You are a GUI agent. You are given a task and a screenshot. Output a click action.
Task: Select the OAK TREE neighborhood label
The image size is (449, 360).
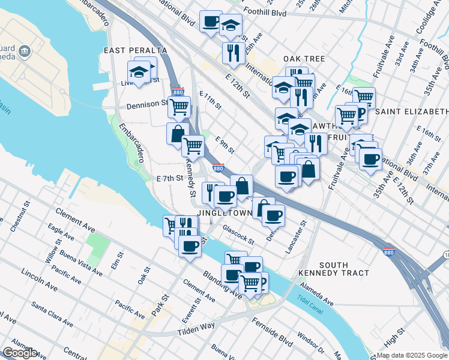tap(304, 59)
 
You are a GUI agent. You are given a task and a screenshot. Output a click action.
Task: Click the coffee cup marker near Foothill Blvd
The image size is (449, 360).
tap(211, 22)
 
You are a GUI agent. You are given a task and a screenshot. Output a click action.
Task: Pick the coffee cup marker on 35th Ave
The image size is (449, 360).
tap(370, 159)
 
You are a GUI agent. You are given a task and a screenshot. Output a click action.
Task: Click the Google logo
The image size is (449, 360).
tap(19, 353)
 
